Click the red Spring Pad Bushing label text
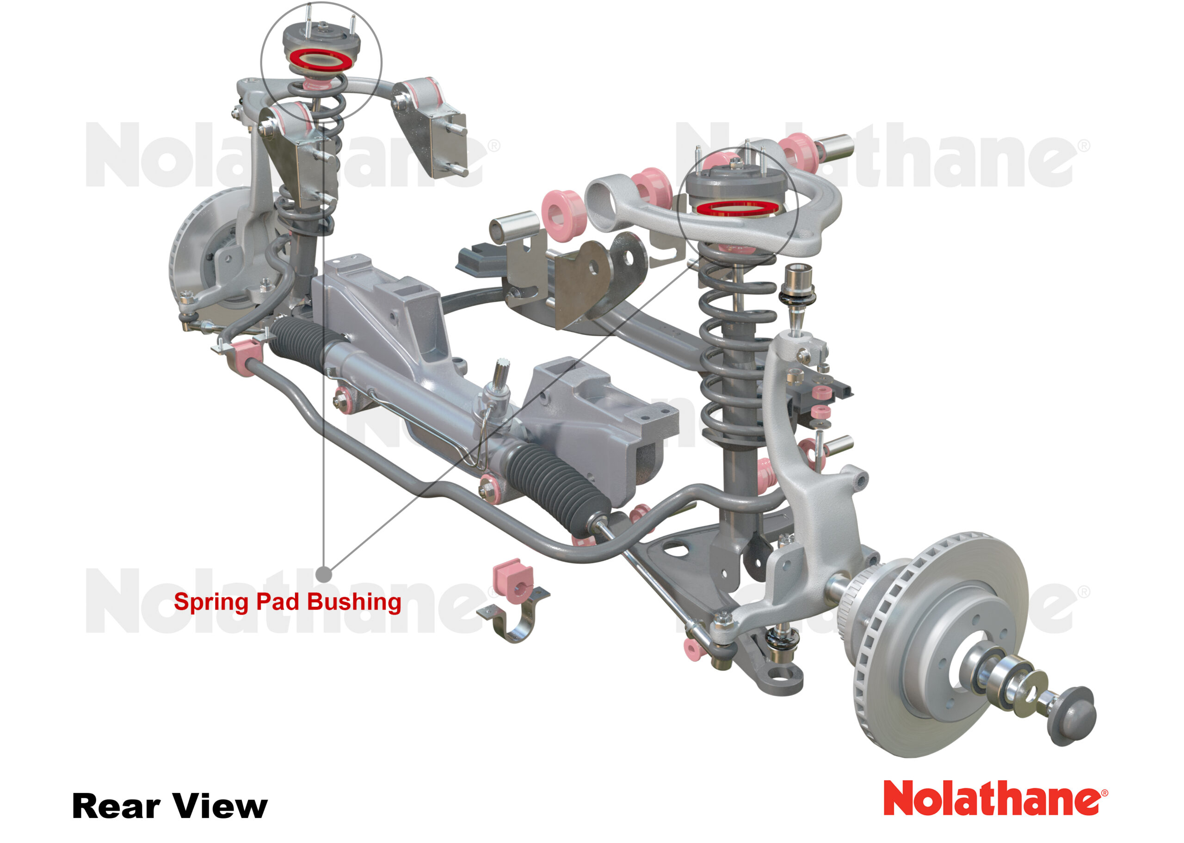[x=287, y=602]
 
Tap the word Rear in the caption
[x=116, y=806]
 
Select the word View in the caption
[x=220, y=806]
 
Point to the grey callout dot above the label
[x=324, y=574]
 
